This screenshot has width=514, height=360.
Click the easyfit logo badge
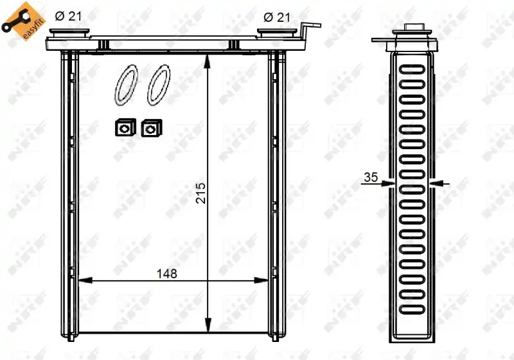(x=23, y=21)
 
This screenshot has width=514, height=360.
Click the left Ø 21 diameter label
(x=68, y=16)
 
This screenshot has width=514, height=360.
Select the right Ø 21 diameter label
(x=277, y=17)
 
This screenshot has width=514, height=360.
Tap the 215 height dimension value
(x=200, y=193)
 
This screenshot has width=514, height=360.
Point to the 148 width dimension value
(x=167, y=273)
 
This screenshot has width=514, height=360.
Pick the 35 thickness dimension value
(x=371, y=177)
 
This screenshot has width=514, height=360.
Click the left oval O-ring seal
(x=126, y=85)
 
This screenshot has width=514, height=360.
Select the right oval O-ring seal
(x=159, y=85)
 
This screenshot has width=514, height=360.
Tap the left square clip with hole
(x=125, y=127)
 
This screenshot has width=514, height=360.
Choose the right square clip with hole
(x=152, y=128)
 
